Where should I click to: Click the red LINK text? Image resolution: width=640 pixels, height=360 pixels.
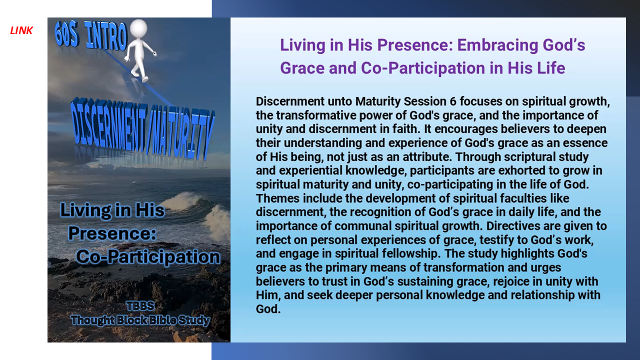pos(21,30)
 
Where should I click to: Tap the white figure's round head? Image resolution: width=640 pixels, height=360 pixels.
pos(138,28)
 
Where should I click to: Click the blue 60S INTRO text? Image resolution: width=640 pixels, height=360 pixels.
pos(91,35)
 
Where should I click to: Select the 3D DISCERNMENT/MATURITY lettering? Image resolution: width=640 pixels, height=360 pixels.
pos(142,128)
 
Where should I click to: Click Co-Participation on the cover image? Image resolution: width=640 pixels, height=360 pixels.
pos(148,256)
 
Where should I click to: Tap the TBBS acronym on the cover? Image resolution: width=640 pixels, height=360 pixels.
pos(140,306)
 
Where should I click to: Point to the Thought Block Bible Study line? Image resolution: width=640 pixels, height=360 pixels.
pos(140,320)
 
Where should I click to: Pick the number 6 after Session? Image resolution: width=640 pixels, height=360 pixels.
pos(453,101)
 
